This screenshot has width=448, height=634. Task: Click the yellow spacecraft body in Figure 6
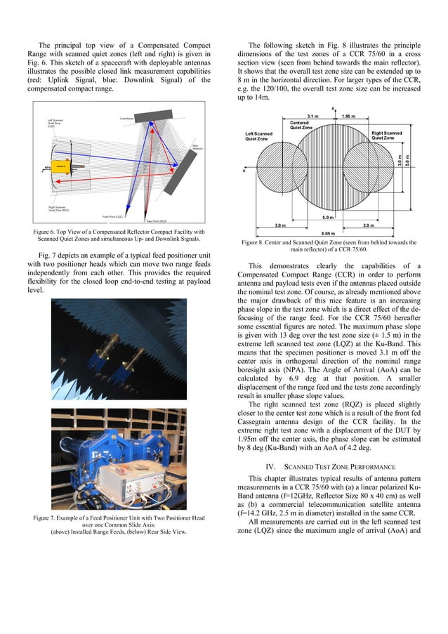tap(62, 166)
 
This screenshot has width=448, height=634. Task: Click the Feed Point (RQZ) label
tap(156, 221)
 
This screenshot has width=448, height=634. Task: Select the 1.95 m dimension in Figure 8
tap(351, 116)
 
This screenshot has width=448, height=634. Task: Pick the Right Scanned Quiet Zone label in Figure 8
tap(387, 136)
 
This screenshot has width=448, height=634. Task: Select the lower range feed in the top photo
tap(130, 364)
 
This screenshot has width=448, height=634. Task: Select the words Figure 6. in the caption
tap(46, 232)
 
